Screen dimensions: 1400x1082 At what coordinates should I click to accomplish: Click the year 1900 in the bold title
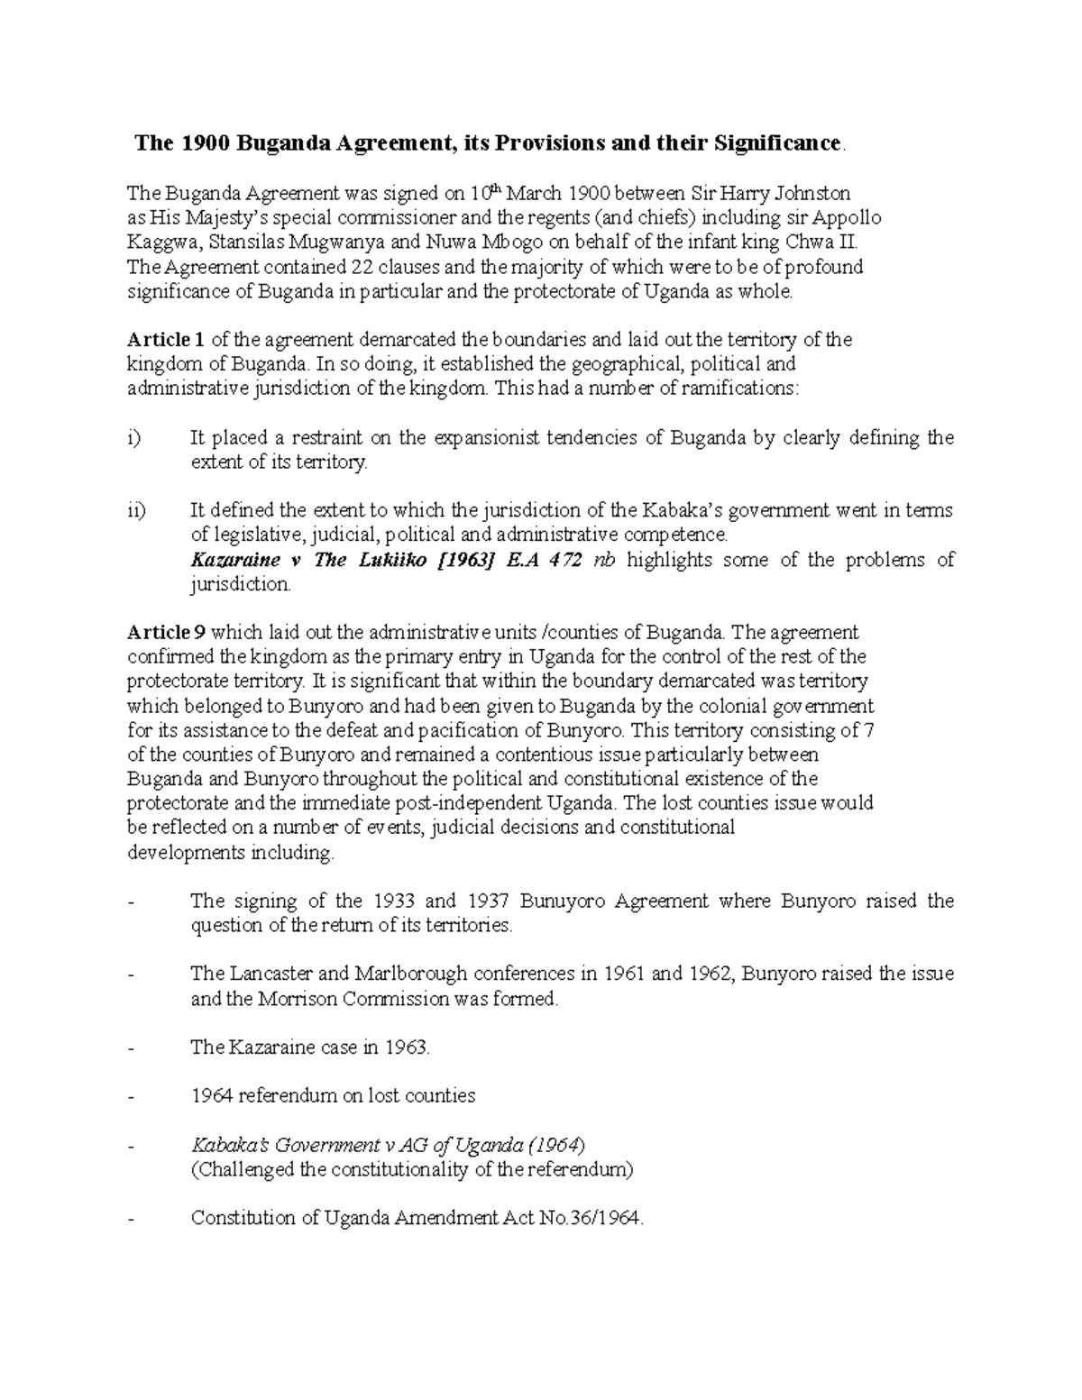coord(199,143)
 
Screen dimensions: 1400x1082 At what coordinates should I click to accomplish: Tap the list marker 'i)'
coord(134,438)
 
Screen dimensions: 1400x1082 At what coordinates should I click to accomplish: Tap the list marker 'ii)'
coord(136,511)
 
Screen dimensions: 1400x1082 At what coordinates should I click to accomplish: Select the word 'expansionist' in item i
coord(486,438)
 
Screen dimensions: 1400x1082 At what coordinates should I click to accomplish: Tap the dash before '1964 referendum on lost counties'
coord(133,1097)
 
